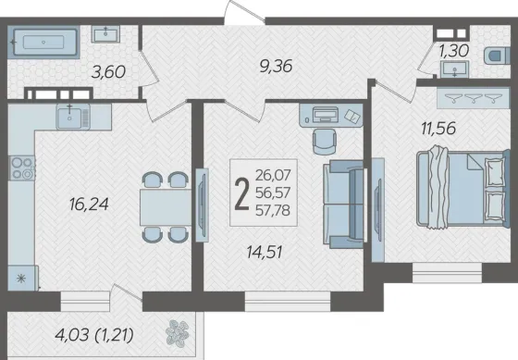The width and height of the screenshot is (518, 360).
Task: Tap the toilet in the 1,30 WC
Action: point(498,56)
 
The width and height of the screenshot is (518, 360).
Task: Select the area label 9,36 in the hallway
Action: point(277,66)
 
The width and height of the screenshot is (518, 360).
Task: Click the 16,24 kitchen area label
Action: point(89,204)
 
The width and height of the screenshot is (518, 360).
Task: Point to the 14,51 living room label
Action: point(265,253)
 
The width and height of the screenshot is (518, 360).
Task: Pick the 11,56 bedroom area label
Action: point(438,128)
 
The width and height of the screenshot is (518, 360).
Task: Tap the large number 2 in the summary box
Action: point(241,193)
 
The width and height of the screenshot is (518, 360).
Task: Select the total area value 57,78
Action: point(273,210)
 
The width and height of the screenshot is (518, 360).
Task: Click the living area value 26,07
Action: point(273,175)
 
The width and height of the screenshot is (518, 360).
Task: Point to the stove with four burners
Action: point(22,168)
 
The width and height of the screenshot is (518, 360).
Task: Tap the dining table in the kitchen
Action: point(166,207)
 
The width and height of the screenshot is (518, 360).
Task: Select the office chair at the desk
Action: point(325,142)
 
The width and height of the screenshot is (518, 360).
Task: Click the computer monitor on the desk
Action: point(326,115)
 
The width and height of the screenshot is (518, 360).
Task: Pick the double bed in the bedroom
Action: point(463,189)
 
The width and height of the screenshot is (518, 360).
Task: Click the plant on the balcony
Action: point(178,333)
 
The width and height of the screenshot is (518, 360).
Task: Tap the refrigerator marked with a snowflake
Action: point(22,278)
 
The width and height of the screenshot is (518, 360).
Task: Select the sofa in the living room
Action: point(343,205)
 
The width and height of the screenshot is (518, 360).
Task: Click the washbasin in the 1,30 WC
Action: point(454,68)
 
